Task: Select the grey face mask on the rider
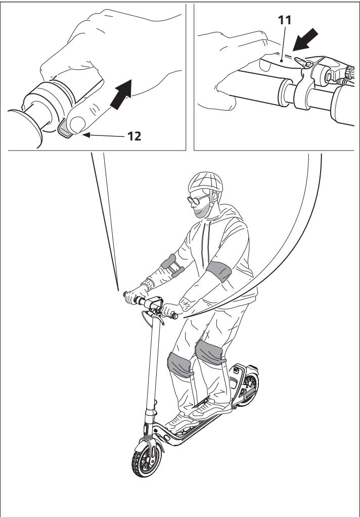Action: click(x=201, y=211)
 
